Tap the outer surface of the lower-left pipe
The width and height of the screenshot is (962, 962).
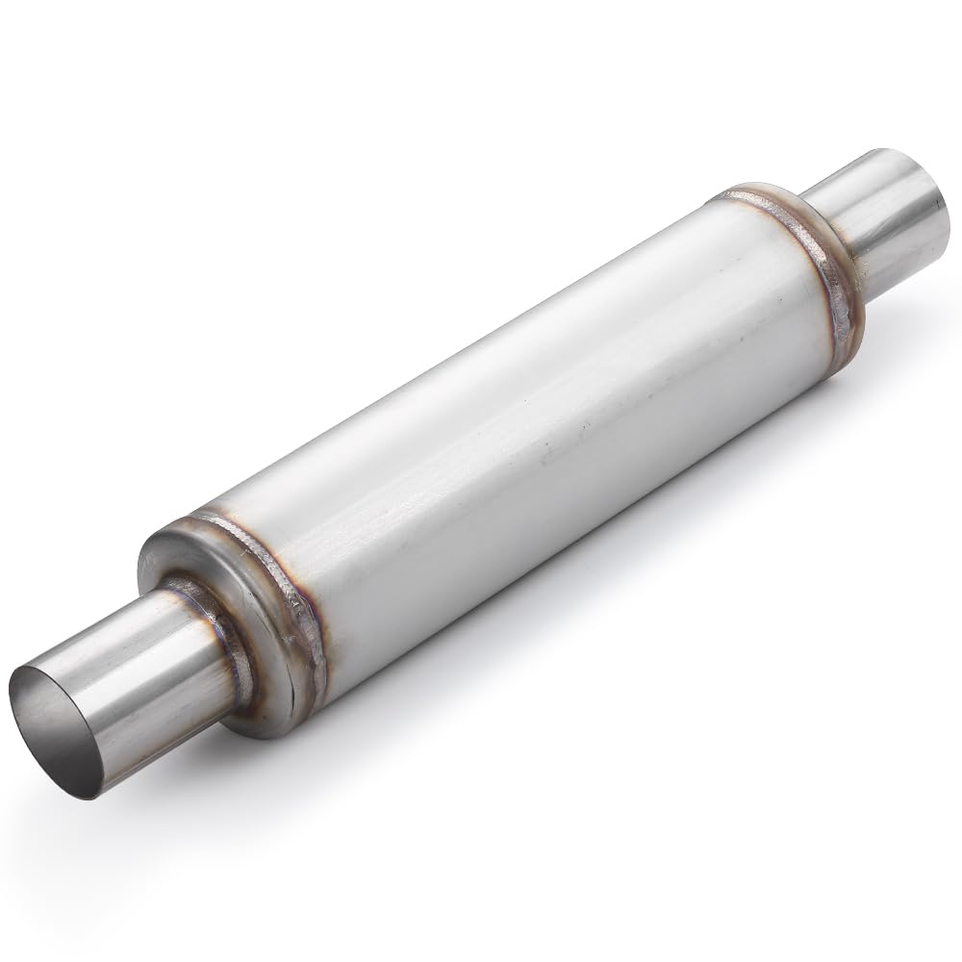(x=144, y=673)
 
